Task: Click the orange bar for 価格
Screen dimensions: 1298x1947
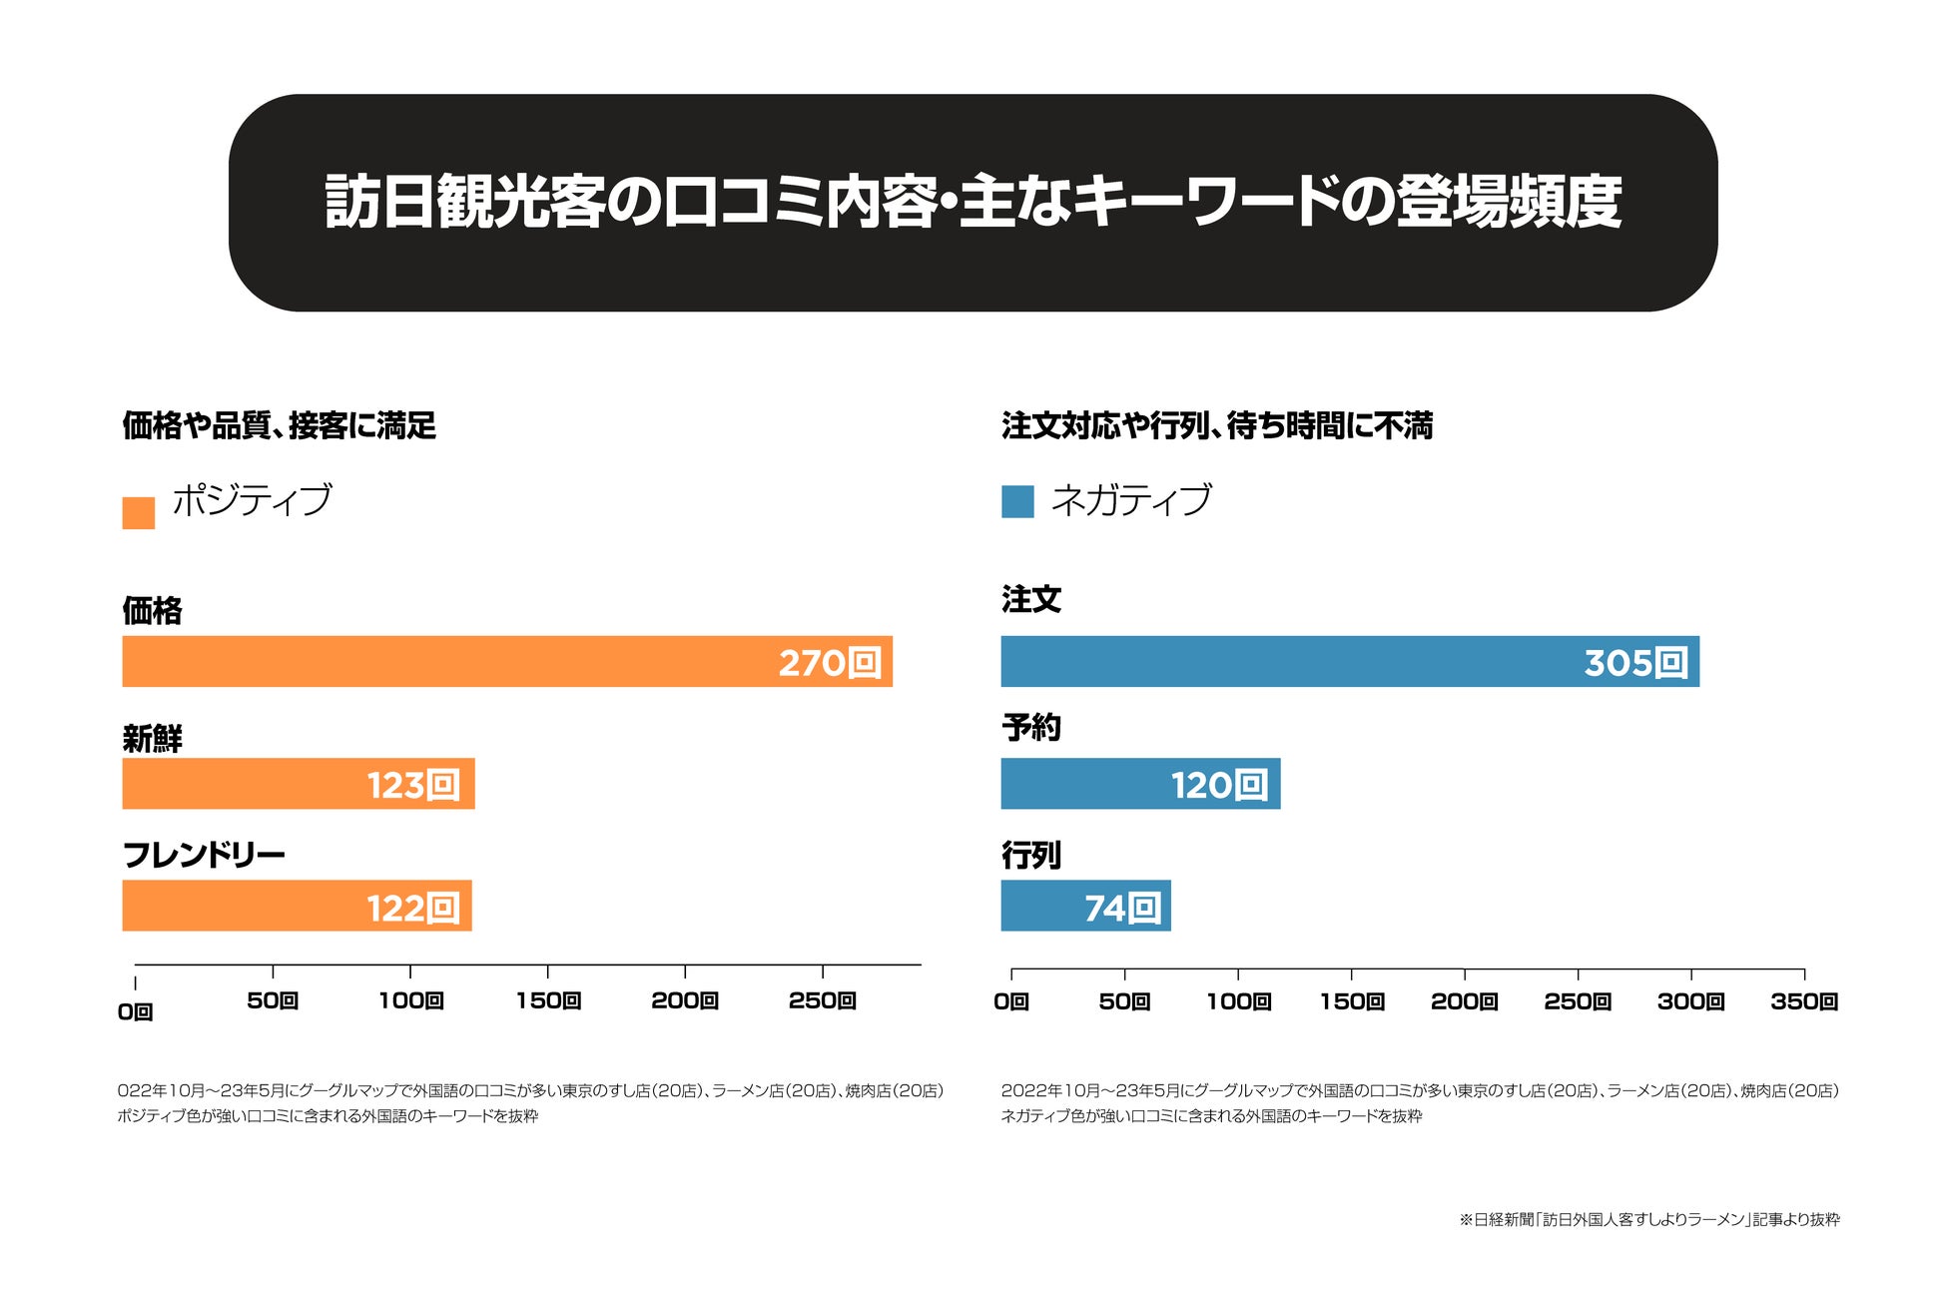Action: pyautogui.click(x=449, y=661)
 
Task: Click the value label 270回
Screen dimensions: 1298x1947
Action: pyautogui.click(x=830, y=663)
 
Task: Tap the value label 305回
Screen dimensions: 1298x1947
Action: pyautogui.click(x=1635, y=663)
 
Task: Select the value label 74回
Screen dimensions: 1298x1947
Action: pyautogui.click(x=1122, y=908)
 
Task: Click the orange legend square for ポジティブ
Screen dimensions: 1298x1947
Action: pyautogui.click(x=138, y=512)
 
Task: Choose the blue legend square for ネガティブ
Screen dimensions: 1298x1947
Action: pyautogui.click(x=1017, y=501)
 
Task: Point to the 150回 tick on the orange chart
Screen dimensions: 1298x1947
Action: pyautogui.click(x=548, y=999)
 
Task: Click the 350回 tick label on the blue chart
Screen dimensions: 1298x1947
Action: pyautogui.click(x=1804, y=1000)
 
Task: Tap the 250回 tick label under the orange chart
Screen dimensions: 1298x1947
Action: pyautogui.click(x=823, y=999)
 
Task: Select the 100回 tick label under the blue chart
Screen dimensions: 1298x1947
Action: pyautogui.click(x=1238, y=1000)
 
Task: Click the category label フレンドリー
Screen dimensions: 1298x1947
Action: pyautogui.click(x=204, y=855)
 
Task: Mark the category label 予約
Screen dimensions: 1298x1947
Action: pyautogui.click(x=1030, y=727)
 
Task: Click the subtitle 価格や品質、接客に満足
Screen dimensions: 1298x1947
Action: pyautogui.click(x=279, y=425)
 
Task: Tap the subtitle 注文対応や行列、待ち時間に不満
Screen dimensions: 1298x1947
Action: pyautogui.click(x=1216, y=425)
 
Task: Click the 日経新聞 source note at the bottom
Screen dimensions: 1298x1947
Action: pyautogui.click(x=1648, y=1219)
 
